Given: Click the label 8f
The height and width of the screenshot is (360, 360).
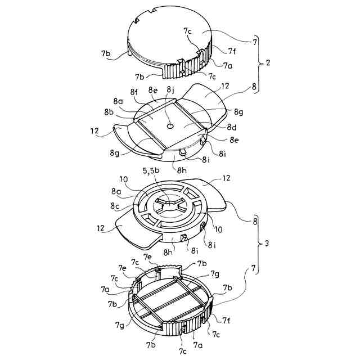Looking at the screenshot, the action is (134, 91).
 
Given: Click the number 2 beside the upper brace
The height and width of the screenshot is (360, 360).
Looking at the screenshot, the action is (268, 62).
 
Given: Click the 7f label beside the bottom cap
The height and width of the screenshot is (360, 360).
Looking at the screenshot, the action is (226, 321).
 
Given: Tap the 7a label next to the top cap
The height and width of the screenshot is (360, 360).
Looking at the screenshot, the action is (227, 65).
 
